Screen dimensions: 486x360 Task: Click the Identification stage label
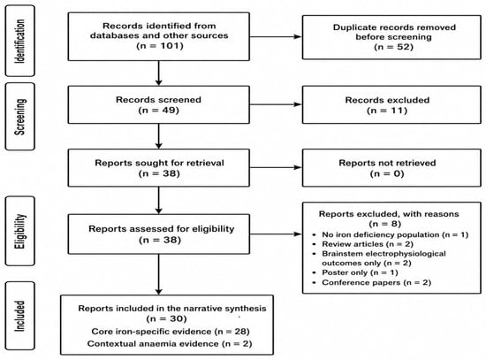[x=20, y=41]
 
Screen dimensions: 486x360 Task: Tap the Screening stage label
[x=20, y=117]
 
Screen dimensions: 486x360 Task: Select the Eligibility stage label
[x=20, y=231]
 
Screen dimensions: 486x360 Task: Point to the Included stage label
[x=20, y=316]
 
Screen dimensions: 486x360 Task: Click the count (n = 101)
[x=160, y=46]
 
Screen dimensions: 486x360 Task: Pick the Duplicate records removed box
[x=391, y=37]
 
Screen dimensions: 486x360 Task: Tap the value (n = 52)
[x=393, y=47]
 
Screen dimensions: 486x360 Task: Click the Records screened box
[x=159, y=105]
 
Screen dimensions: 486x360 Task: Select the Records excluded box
[x=391, y=105]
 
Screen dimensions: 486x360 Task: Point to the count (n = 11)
[x=387, y=111]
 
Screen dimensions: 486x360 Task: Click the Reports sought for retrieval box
[x=159, y=168]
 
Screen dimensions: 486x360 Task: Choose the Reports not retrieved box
[x=391, y=168]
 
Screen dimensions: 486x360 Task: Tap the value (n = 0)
[x=387, y=173]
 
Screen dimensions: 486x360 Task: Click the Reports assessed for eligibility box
[x=159, y=234]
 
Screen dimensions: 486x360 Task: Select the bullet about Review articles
[x=363, y=244]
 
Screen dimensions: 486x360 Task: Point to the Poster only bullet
[x=355, y=272]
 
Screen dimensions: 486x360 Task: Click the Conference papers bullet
[x=372, y=282]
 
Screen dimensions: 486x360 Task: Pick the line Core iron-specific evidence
[x=171, y=332]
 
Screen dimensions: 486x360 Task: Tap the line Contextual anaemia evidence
[x=170, y=343]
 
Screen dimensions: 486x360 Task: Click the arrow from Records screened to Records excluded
[x=276, y=104]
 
